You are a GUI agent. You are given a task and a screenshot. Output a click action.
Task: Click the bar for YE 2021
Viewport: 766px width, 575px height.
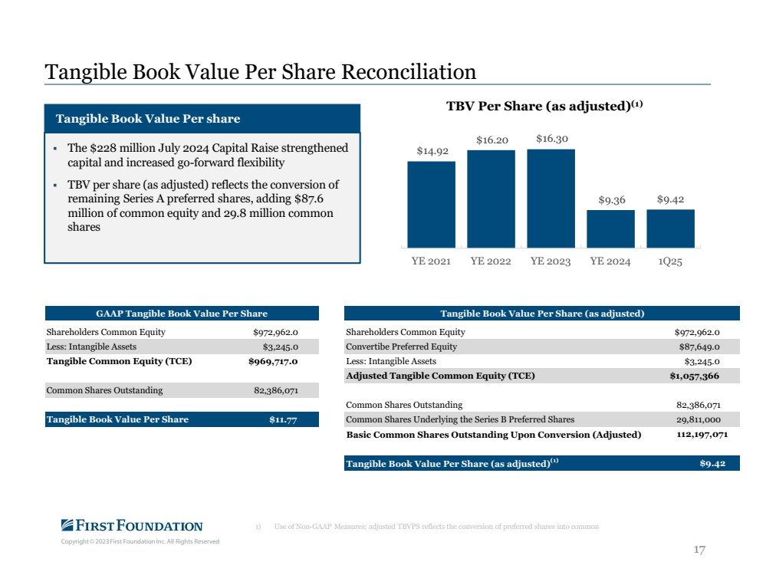[432, 204]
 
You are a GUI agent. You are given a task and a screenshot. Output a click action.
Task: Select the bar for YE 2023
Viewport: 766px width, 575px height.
[551, 199]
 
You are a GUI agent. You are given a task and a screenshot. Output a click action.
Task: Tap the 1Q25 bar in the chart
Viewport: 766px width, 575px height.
[670, 228]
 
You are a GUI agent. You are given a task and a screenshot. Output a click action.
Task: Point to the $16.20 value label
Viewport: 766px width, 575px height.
[492, 140]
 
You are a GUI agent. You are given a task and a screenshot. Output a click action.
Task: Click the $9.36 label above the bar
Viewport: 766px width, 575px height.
[612, 200]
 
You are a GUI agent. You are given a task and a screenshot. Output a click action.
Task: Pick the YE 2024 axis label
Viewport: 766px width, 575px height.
[610, 261]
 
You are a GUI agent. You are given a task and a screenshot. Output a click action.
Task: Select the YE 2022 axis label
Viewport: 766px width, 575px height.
[491, 261]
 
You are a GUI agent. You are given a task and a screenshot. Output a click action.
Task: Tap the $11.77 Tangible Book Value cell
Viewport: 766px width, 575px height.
[283, 419]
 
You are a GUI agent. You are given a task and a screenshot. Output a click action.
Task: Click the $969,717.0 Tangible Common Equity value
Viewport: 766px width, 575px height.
[273, 362]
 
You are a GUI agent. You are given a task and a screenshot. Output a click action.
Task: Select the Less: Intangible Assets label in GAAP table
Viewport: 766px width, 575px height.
[91, 347]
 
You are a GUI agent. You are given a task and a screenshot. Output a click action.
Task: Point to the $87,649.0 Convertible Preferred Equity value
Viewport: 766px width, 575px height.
[699, 347]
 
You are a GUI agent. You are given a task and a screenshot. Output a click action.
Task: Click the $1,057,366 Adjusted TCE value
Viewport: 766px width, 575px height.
[694, 376]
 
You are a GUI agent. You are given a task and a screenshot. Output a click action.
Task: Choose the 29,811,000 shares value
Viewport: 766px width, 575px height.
[698, 419]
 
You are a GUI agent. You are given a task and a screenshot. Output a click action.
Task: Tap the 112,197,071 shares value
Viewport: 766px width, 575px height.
[702, 434]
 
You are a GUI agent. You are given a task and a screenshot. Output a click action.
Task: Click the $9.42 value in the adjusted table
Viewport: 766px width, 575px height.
[712, 464]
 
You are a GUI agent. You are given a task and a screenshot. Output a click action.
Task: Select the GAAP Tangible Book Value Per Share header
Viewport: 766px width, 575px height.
[182, 314]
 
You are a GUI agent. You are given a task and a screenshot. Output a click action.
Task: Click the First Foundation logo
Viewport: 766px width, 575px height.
[132, 526]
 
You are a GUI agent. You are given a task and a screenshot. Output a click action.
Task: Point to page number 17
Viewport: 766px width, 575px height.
[699, 550]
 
